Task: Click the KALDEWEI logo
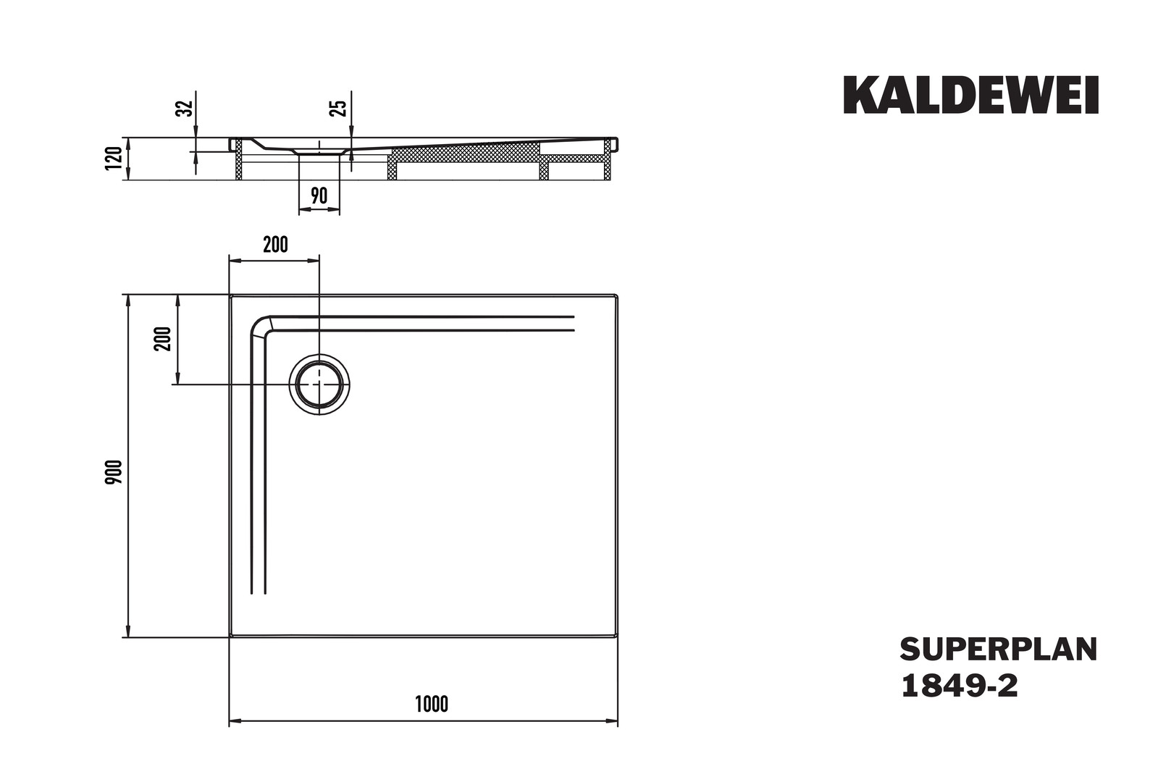[970, 95]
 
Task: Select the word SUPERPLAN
[999, 649]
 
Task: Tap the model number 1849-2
[960, 686]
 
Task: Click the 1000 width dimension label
[432, 704]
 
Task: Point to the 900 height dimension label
[114, 472]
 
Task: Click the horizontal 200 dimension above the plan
[275, 245]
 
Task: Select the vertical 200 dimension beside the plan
[162, 339]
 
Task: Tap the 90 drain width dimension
[319, 195]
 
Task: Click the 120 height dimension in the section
[114, 158]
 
